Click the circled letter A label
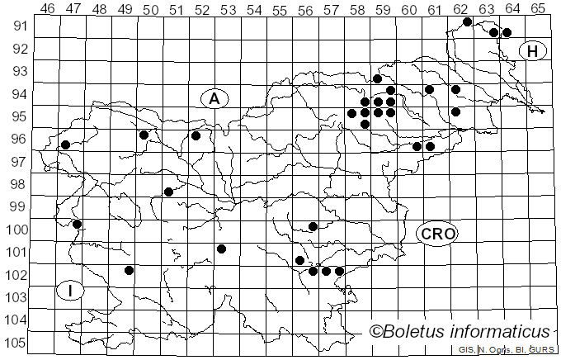pyautogui.click(x=214, y=98)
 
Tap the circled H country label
pyautogui.click(x=533, y=51)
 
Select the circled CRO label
pyautogui.click(x=436, y=234)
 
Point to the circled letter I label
pyautogui.click(x=71, y=290)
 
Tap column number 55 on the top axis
pyautogui.click(x=280, y=9)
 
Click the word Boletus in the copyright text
pyautogui.click(x=416, y=332)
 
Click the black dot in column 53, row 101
pyautogui.click(x=221, y=249)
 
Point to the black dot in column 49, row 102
pyautogui.click(x=129, y=270)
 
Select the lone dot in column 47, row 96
pyautogui.click(x=65, y=144)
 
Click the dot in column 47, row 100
pyautogui.click(x=77, y=224)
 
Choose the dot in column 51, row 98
pyautogui.click(x=168, y=192)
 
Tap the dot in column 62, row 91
pyautogui.click(x=467, y=21)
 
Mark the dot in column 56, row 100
pyautogui.click(x=313, y=226)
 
